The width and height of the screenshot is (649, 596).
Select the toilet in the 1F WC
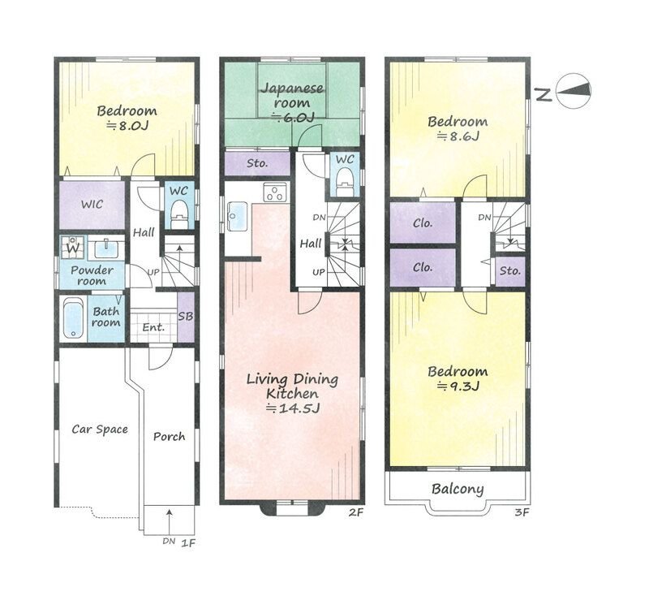click(179, 214)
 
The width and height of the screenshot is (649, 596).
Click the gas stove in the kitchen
click(275, 192)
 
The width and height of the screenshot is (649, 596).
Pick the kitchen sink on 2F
click(237, 217)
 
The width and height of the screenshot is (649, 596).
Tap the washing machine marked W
click(73, 248)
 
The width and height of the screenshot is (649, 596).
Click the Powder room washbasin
click(106, 249)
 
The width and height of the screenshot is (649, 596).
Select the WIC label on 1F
click(92, 205)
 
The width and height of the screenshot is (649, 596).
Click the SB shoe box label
click(186, 317)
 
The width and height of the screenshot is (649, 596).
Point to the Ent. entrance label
click(153, 327)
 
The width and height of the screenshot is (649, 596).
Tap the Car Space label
click(100, 429)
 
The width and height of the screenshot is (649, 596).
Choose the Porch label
click(170, 436)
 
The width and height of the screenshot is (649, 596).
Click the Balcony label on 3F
click(458, 490)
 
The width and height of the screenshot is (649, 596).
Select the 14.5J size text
click(293, 408)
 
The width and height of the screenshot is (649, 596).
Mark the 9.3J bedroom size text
click(458, 387)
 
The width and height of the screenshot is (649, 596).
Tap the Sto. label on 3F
click(510, 271)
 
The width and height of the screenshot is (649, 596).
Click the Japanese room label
click(292, 95)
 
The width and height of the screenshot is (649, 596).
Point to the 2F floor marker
click(355, 512)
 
